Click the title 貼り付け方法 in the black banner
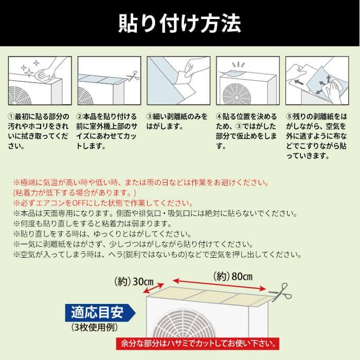179,23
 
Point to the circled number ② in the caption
81,117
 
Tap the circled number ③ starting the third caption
150,117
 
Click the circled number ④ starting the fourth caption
220,117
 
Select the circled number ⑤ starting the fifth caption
289,117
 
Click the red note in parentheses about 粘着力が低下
75,193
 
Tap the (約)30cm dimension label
135,282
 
